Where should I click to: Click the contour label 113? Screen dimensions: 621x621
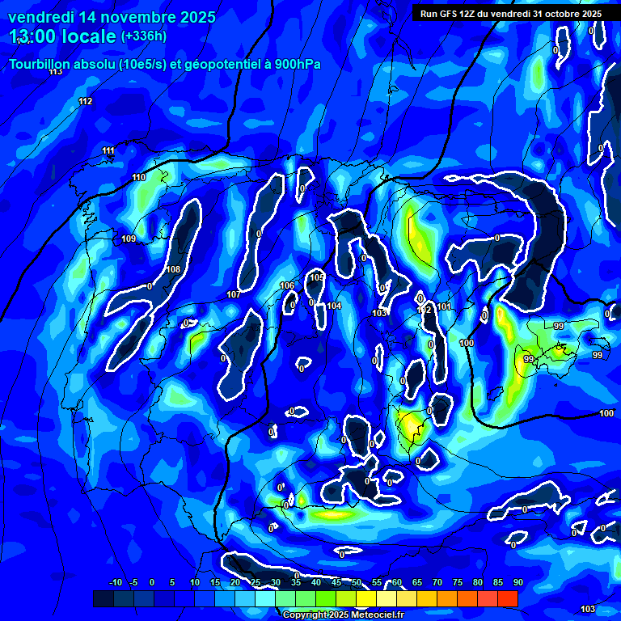(55, 72)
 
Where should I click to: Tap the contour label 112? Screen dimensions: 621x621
(85, 101)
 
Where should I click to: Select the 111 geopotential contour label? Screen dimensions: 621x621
(108, 151)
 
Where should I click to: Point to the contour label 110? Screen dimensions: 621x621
(138, 177)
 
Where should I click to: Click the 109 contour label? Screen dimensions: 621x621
(129, 239)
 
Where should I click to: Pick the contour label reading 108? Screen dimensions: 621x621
(172, 269)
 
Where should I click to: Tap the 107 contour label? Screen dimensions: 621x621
(234, 294)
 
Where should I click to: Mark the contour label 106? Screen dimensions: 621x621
(287, 285)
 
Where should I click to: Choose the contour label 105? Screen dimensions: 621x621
(317, 277)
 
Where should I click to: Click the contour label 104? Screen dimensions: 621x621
(334, 306)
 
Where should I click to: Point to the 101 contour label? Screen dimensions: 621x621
(444, 306)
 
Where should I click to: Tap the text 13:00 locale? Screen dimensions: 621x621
(63, 36)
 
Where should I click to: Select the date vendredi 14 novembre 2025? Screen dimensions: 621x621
(112, 16)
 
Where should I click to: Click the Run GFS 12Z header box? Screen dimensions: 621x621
(512, 13)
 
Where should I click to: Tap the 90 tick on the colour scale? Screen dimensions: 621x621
(517, 582)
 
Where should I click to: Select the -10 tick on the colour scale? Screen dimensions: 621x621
(115, 582)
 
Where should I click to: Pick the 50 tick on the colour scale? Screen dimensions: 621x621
(357, 582)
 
